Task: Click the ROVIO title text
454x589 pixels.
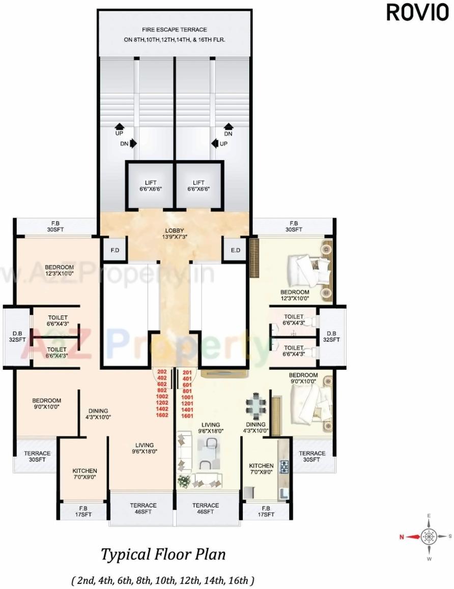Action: click(417, 13)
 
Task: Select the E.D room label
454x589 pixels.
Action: click(235, 250)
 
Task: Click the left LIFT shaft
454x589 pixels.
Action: click(150, 186)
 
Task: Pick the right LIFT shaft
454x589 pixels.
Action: click(198, 186)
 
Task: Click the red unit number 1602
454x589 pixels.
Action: click(162, 416)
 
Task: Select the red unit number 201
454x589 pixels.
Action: click(187, 372)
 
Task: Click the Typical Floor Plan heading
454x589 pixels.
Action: click(163, 554)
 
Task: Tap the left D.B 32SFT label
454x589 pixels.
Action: click(17, 337)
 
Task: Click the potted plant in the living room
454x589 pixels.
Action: click(184, 481)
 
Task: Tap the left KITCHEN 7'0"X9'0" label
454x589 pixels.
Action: click(84, 474)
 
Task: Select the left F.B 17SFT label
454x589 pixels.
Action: click(83, 511)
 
